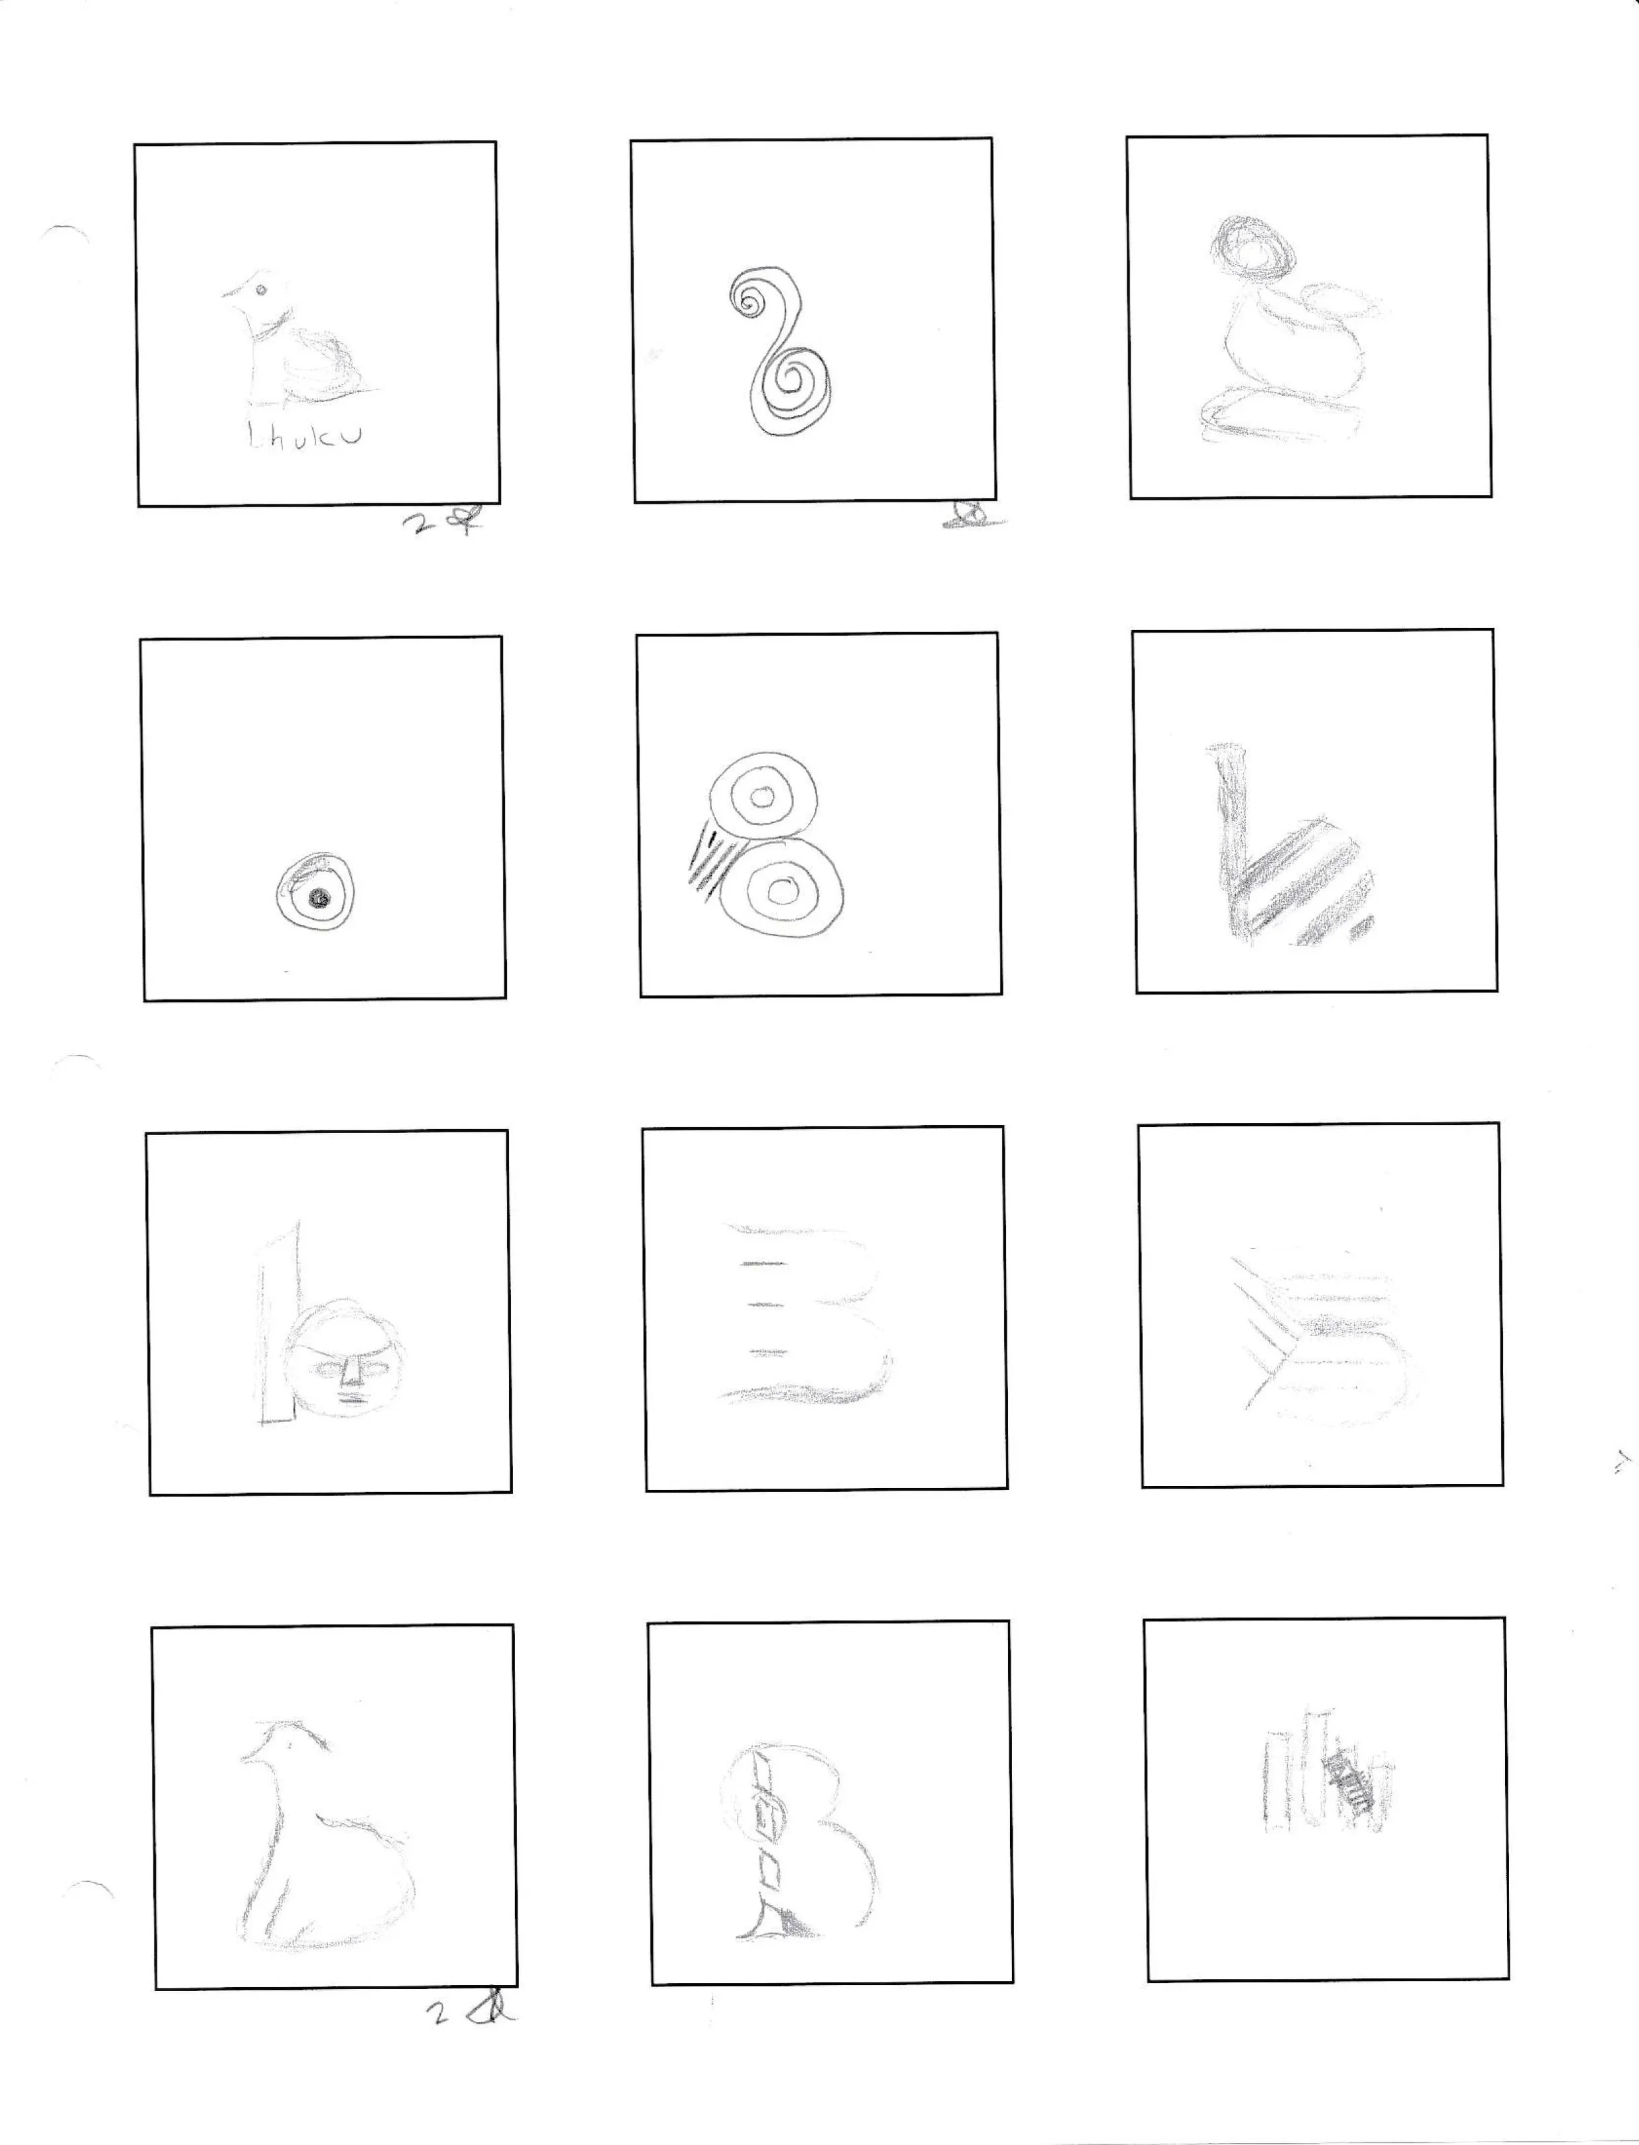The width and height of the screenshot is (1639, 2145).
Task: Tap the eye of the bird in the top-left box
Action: pos(262,290)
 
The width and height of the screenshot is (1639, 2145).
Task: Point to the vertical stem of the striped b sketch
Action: pos(1232,829)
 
